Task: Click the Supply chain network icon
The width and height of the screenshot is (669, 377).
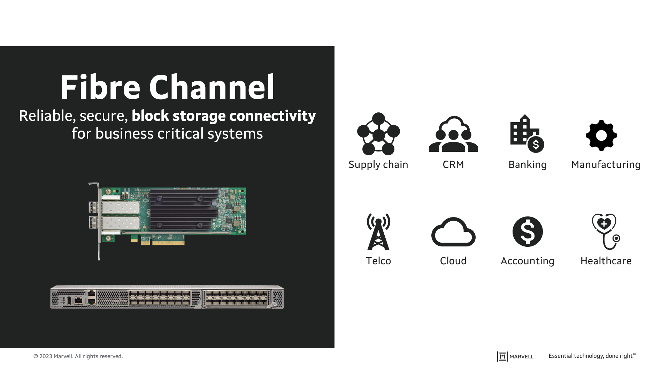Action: (378, 134)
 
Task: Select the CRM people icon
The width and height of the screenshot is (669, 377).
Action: (453, 134)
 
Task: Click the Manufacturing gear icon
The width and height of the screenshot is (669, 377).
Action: (601, 135)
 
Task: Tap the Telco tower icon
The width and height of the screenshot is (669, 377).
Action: (378, 232)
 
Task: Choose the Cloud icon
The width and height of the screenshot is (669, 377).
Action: (453, 232)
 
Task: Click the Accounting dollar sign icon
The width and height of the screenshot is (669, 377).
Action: (528, 232)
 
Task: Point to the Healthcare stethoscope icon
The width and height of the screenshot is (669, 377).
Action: (606, 231)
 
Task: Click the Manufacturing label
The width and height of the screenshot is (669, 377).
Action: (606, 164)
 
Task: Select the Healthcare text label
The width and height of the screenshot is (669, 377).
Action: (606, 261)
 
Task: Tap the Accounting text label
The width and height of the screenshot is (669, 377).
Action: (527, 261)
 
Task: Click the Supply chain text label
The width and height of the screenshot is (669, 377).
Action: (378, 164)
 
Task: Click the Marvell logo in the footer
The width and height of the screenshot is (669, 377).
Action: (515, 356)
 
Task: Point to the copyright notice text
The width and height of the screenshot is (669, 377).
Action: (78, 356)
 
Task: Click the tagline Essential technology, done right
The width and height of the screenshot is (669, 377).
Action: (592, 356)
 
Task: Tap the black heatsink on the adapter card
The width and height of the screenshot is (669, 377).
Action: (185, 209)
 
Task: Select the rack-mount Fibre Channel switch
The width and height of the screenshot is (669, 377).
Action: (167, 297)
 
